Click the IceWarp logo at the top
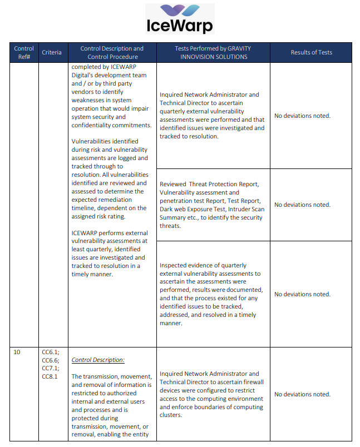click(x=180, y=19)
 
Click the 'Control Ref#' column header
click(x=24, y=52)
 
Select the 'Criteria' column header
click(x=52, y=52)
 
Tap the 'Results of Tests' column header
click(x=311, y=52)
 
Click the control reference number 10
click(x=17, y=352)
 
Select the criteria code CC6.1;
click(x=51, y=352)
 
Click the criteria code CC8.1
click(x=50, y=376)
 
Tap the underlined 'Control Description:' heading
click(x=98, y=360)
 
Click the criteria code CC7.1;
click(x=51, y=368)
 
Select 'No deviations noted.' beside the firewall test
click(x=302, y=394)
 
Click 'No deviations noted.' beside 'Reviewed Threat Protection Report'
click(x=302, y=205)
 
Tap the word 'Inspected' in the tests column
click(x=174, y=265)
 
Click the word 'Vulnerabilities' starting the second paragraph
click(x=92, y=141)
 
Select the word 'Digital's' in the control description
click(x=85, y=75)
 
